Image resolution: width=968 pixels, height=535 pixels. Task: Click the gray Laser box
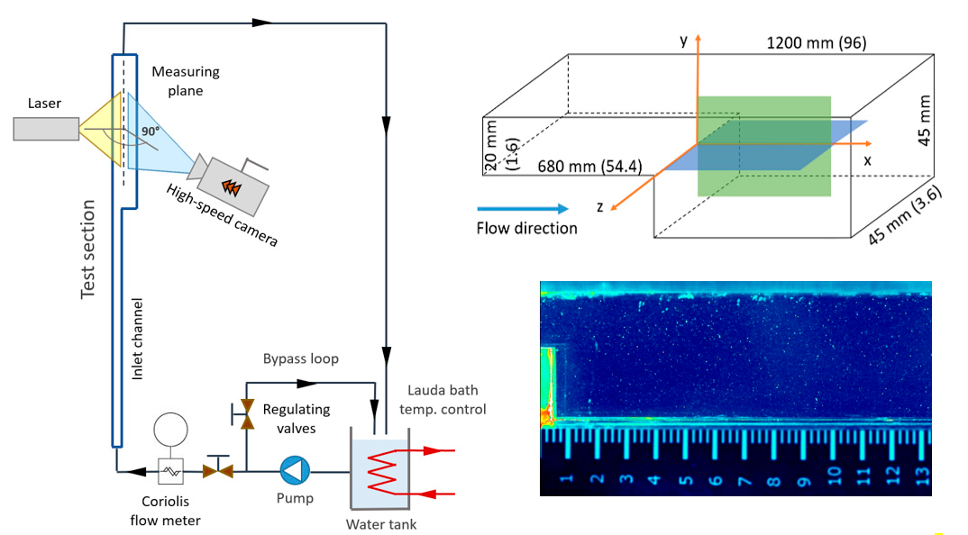click(46, 129)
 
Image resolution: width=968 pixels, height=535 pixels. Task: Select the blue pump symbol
click(294, 469)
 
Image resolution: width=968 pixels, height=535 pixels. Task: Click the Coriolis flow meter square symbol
click(170, 469)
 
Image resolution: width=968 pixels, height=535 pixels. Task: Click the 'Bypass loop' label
click(301, 358)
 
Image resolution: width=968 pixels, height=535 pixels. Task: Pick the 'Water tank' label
click(382, 525)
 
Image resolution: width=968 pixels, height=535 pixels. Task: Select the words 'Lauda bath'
click(443, 391)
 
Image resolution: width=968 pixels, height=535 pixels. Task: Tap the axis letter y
click(684, 41)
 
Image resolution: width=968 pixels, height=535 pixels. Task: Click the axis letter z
click(599, 206)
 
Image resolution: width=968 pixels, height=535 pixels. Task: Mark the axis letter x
click(867, 159)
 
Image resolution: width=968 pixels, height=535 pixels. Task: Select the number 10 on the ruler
click(834, 473)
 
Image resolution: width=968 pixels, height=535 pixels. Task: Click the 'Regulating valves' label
click(297, 418)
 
